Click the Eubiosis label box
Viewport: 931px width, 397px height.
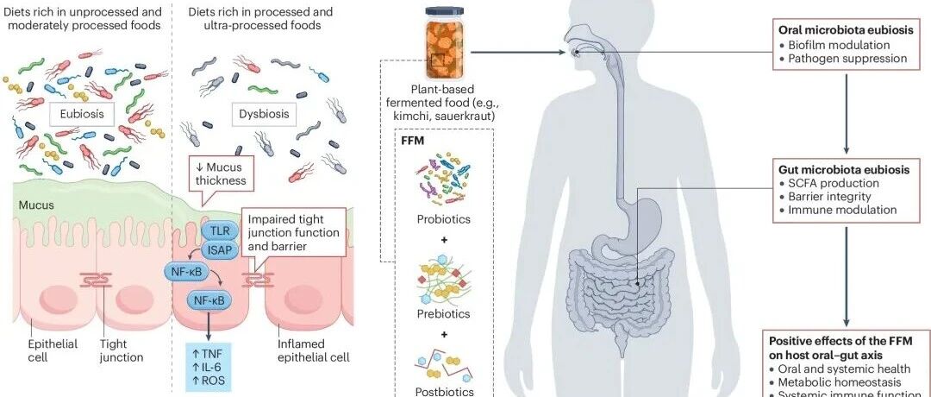pos(81,113)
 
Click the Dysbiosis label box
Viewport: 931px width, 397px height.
pos(264,113)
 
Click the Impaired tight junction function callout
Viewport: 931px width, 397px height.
pos(293,232)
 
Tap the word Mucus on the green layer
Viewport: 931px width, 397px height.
pos(36,205)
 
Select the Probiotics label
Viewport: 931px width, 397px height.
pos(444,219)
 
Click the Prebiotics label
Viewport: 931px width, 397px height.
pos(444,314)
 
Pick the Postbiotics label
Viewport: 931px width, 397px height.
pos(444,392)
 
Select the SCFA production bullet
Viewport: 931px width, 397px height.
pos(829,184)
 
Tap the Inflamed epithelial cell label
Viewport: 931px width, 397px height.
pos(314,350)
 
